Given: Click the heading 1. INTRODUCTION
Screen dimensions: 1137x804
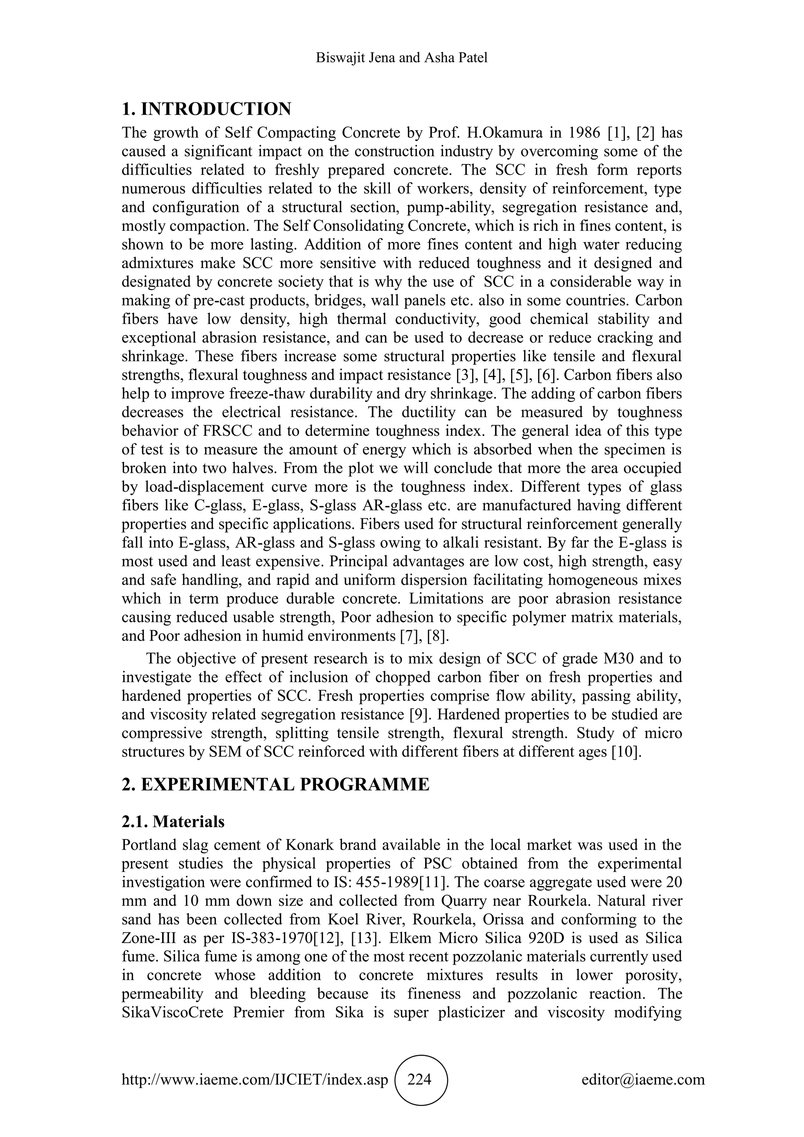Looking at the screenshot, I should [206, 109].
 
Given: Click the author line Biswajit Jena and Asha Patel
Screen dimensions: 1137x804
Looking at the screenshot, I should [402, 58].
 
